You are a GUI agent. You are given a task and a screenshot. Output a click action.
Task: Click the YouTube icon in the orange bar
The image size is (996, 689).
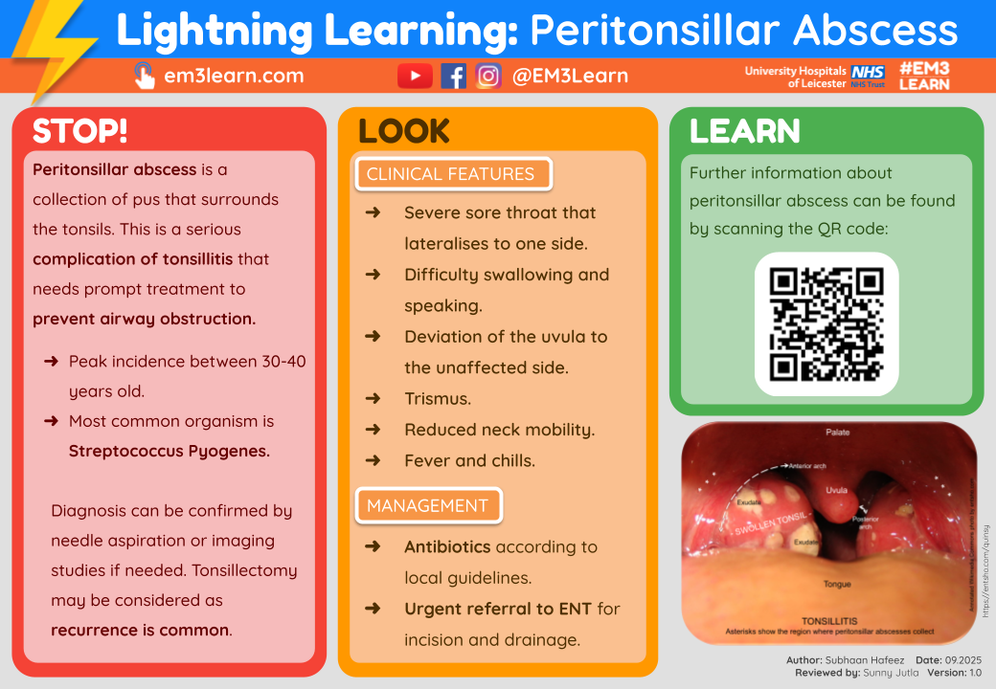(415, 76)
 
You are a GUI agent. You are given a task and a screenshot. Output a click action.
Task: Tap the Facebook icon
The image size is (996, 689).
(453, 76)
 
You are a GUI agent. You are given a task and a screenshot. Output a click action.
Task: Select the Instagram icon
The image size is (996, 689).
(488, 76)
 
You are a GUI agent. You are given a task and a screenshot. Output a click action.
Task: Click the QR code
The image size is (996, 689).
(826, 323)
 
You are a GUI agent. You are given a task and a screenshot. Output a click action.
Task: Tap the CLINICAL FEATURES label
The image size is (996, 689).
(450, 174)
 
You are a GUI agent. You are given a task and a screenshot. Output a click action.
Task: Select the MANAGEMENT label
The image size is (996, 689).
(427, 505)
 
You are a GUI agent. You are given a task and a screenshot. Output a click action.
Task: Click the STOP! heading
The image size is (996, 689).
(79, 131)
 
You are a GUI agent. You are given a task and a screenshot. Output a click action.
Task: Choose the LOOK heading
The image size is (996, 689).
(403, 131)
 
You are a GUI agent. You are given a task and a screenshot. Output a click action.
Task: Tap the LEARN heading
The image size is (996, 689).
(744, 131)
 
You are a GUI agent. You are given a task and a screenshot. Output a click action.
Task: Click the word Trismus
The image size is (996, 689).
(438, 398)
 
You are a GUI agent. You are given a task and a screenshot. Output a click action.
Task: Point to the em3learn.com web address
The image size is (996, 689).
(234, 76)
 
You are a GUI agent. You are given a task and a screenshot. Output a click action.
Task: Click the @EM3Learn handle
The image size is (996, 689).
(570, 76)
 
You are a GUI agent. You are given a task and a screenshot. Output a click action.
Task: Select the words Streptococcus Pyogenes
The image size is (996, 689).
(170, 451)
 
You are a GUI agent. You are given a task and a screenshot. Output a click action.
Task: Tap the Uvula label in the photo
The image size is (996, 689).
(837, 490)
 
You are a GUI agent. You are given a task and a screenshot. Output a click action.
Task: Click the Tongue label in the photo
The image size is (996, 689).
(837, 583)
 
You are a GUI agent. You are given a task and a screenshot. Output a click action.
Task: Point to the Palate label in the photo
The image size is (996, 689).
(838, 433)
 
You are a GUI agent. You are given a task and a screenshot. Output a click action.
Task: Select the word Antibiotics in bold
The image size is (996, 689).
(447, 547)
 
